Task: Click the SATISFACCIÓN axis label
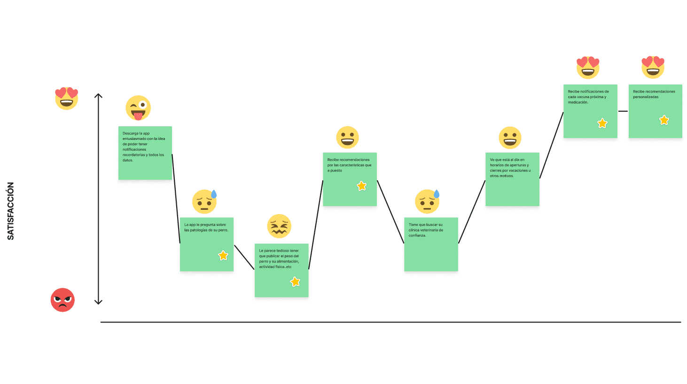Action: (x=11, y=211)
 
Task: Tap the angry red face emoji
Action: (x=62, y=300)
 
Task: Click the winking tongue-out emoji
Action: (x=138, y=108)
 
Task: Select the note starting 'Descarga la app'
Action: (x=145, y=153)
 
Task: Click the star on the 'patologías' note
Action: (x=223, y=255)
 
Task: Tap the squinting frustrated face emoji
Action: (x=279, y=226)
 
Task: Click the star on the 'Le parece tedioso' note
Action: (x=295, y=282)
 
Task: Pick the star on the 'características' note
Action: (x=361, y=186)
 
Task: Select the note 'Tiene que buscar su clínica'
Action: (x=431, y=244)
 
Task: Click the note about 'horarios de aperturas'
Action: (x=512, y=179)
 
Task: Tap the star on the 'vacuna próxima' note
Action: (x=602, y=123)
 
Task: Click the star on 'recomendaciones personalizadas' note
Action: (x=664, y=120)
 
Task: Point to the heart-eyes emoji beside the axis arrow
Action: (x=66, y=98)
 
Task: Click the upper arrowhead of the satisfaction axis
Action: (x=98, y=95)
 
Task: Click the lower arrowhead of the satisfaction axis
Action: (x=98, y=302)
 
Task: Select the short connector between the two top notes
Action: (x=623, y=111)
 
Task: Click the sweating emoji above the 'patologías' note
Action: (x=204, y=201)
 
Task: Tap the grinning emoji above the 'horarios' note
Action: (x=510, y=138)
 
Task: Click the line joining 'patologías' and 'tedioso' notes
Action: (x=244, y=257)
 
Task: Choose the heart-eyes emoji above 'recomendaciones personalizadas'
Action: (x=653, y=67)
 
